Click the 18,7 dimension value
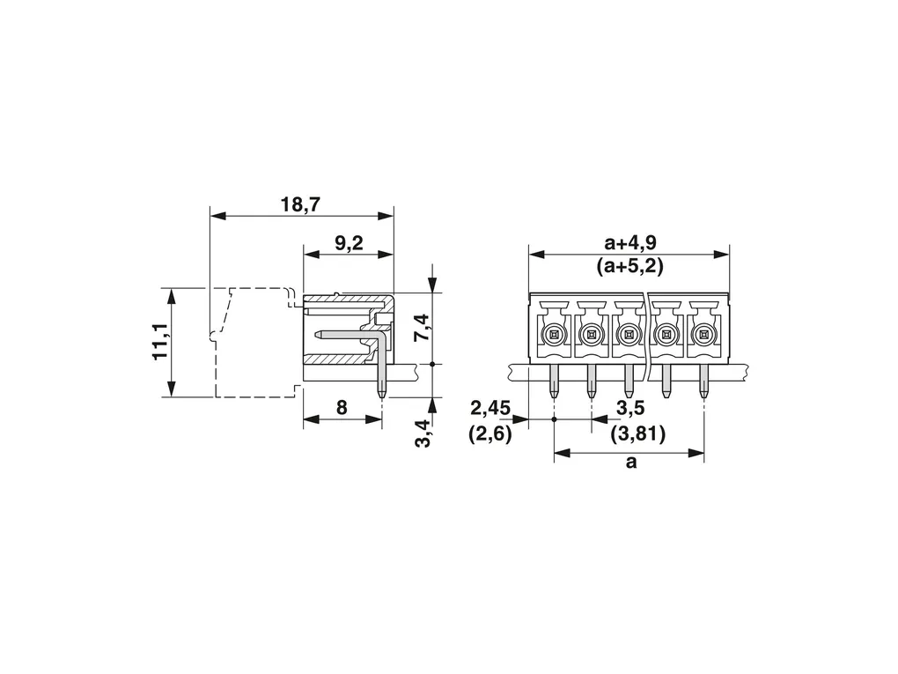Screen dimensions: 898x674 301,204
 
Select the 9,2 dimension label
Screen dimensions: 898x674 349,243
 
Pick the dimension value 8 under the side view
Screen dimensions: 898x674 342,408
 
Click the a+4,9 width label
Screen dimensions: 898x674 630,242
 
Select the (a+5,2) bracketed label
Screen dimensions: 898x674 630,266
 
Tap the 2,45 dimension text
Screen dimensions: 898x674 490,409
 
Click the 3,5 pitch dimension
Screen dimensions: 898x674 630,408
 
